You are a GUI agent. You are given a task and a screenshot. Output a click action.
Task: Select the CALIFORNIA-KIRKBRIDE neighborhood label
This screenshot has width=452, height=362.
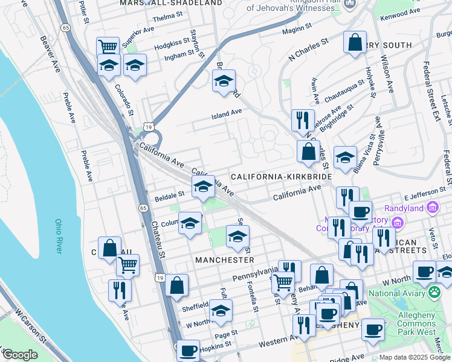(x=282, y=176)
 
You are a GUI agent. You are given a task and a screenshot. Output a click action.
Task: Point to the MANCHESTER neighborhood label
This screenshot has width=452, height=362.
(x=224, y=259)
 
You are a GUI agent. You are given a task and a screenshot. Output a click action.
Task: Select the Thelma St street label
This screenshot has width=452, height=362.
(x=164, y=18)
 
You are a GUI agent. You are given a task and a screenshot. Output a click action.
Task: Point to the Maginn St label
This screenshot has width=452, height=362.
(x=296, y=27)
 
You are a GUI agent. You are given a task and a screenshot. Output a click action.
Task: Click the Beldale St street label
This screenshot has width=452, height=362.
(x=169, y=195)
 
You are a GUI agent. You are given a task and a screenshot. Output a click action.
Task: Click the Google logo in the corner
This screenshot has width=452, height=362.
(x=19, y=355)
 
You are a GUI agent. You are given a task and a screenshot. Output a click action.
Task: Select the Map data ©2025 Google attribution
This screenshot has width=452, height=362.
(x=414, y=357)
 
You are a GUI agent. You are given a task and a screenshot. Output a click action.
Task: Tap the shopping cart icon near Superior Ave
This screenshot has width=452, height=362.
(x=108, y=46)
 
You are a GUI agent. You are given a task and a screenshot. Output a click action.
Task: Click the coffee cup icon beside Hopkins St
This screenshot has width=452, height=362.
(x=188, y=350)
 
